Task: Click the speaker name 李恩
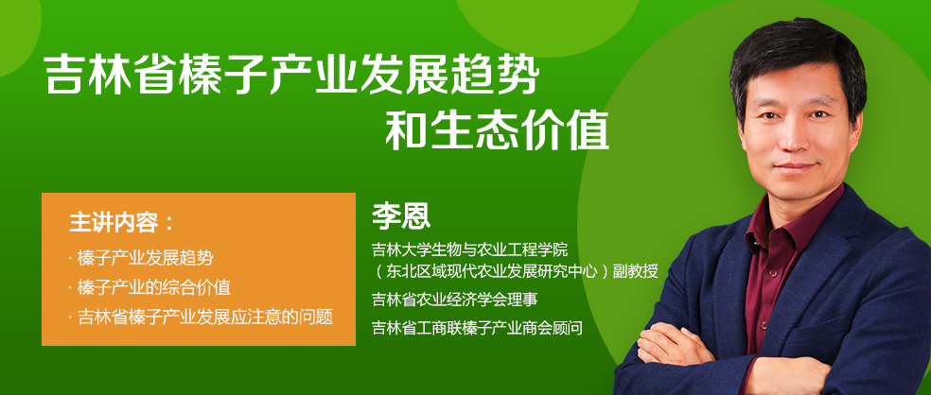pyautogui.click(x=401, y=217)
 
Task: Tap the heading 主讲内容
pyautogui.click(x=114, y=222)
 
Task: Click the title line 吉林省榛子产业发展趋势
pyautogui.click(x=292, y=75)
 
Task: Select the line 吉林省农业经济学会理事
pyautogui.click(x=455, y=300)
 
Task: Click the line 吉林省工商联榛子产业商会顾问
pyautogui.click(x=477, y=327)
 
